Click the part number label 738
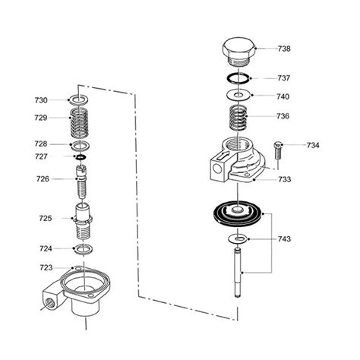coord(284,49)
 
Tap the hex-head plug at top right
coord(238,51)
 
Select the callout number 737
coord(284,77)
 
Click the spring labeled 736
coord(239,118)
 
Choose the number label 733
coord(284,180)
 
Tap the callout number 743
coord(284,239)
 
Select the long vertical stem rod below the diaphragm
coord(240,273)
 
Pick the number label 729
coord(41,118)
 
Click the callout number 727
coord(41,156)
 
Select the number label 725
coord(46,218)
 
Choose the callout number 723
coord(46,267)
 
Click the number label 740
coord(284,96)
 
